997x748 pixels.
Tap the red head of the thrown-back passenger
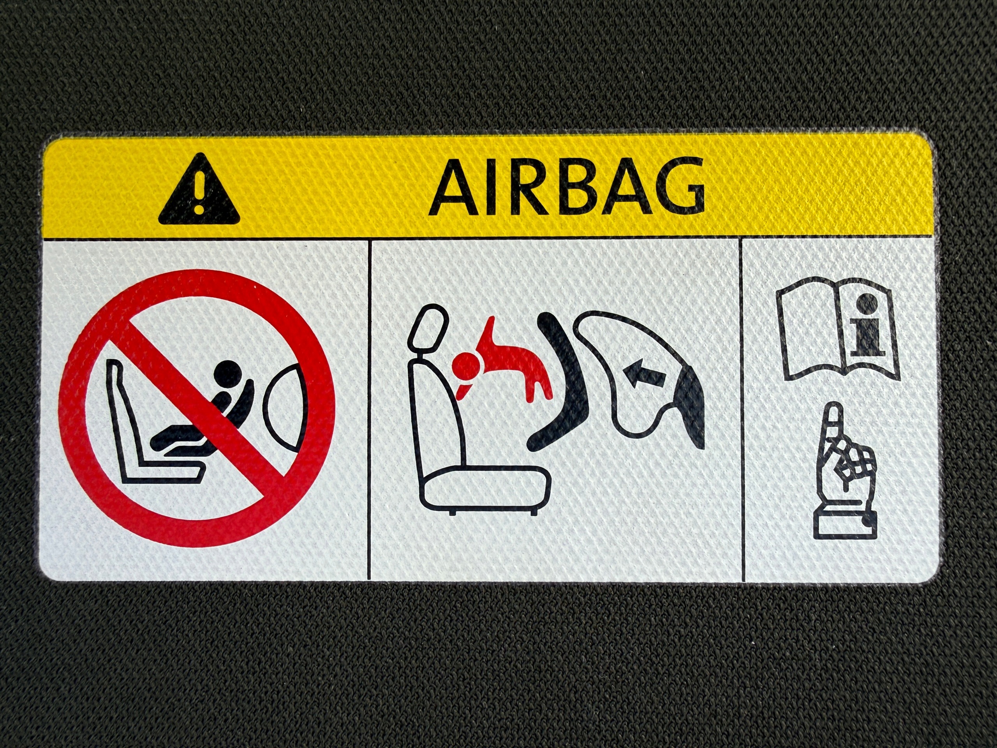467,365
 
